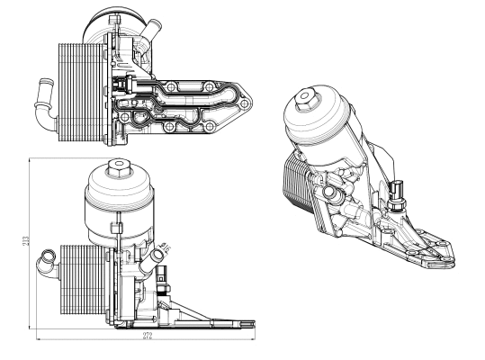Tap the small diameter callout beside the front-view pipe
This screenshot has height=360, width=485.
click(x=164, y=244)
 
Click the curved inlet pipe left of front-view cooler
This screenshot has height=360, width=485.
click(x=47, y=264)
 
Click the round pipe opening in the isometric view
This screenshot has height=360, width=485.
click(x=334, y=193)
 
